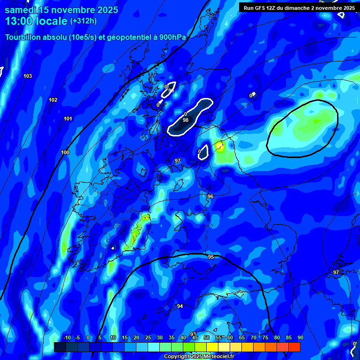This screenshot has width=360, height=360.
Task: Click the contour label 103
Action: tap(28, 76)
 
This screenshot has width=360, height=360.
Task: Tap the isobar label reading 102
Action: tap(53, 100)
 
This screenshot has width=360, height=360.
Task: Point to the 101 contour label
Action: tap(68, 119)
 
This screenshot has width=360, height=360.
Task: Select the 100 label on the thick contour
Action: tap(65, 152)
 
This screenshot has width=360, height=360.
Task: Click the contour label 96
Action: tap(210, 196)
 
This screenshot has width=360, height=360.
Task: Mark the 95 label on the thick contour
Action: tap(211, 257)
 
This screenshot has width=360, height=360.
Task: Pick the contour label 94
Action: tap(180, 306)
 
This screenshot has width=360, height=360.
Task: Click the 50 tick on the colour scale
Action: tap(207, 338)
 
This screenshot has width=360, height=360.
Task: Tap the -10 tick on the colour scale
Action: tap(67, 338)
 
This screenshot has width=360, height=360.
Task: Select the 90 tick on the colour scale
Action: tap(300, 338)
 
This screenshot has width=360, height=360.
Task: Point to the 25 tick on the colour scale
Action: tap(148, 338)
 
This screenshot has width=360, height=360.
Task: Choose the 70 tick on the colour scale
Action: tap(254, 338)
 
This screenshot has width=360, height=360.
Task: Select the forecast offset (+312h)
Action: tap(83, 21)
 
